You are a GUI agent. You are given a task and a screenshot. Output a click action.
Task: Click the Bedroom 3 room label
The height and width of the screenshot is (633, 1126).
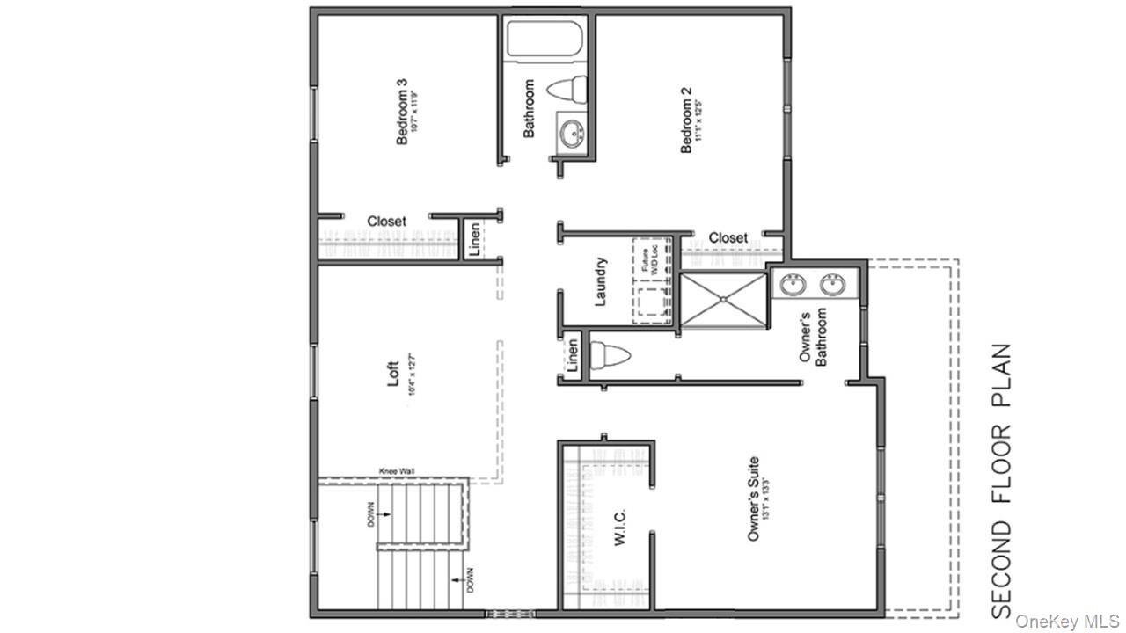pos(402,113)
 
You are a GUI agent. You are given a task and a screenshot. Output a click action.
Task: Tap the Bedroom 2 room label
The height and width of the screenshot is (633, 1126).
pos(687,119)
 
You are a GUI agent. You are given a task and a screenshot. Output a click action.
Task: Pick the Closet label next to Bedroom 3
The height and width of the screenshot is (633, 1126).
pos(387,221)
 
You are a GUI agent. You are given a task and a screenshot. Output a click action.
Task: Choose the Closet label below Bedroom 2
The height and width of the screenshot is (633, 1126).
pos(728,237)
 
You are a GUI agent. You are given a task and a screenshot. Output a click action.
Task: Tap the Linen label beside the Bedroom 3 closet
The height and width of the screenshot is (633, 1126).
pos(474,240)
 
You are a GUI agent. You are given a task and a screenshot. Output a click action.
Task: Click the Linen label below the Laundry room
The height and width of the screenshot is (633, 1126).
pos(572,354)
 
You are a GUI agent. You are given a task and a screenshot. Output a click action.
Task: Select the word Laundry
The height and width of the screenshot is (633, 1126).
pos(602,281)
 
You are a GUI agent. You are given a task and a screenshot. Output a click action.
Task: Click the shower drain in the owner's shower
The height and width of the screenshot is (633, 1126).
pos(723,299)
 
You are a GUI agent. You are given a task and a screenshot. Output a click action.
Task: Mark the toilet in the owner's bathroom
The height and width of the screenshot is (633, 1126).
pos(612,356)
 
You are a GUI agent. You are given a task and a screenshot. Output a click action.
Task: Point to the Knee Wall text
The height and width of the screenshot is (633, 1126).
pos(397,471)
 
